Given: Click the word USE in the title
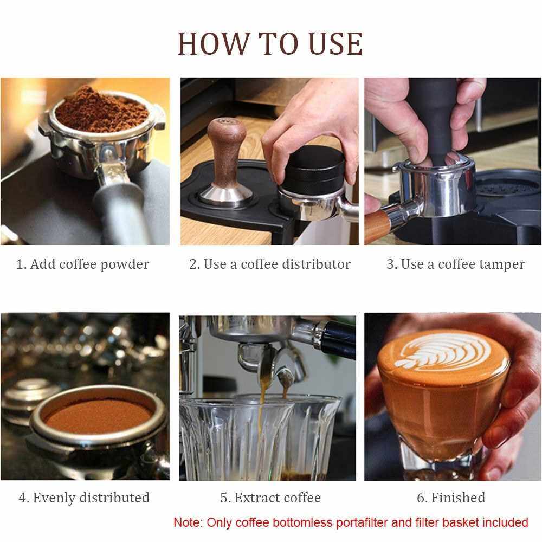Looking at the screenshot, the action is coord(335,44).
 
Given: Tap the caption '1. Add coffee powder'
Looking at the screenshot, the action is coord(83,264).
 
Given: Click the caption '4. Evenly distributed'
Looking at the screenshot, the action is coord(84,498).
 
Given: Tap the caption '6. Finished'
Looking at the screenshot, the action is coord(451,498).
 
